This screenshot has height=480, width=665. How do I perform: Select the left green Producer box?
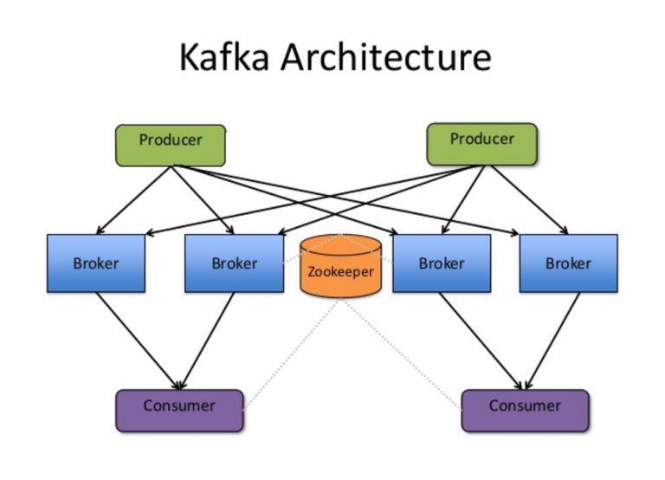tap(171, 145)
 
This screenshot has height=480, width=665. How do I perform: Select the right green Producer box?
tap(481, 144)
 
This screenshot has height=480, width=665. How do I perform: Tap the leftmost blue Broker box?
tap(96, 263)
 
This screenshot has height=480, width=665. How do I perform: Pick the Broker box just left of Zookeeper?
tap(235, 263)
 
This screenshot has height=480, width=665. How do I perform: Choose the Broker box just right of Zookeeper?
tap(442, 263)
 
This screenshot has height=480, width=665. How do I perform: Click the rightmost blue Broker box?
tap(568, 263)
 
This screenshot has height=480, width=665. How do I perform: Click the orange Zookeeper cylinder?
tap(340, 266)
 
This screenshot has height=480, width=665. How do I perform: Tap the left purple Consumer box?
tap(179, 410)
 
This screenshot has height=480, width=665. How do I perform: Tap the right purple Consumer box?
tap(525, 410)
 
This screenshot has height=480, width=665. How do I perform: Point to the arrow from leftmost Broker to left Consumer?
tap(139, 340)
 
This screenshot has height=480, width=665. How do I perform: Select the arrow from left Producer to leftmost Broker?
tap(134, 198)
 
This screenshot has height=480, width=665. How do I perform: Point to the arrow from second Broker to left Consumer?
tap(208, 340)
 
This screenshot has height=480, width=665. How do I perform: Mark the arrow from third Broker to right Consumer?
tap(481, 340)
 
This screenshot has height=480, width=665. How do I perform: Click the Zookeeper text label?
tap(340, 271)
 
